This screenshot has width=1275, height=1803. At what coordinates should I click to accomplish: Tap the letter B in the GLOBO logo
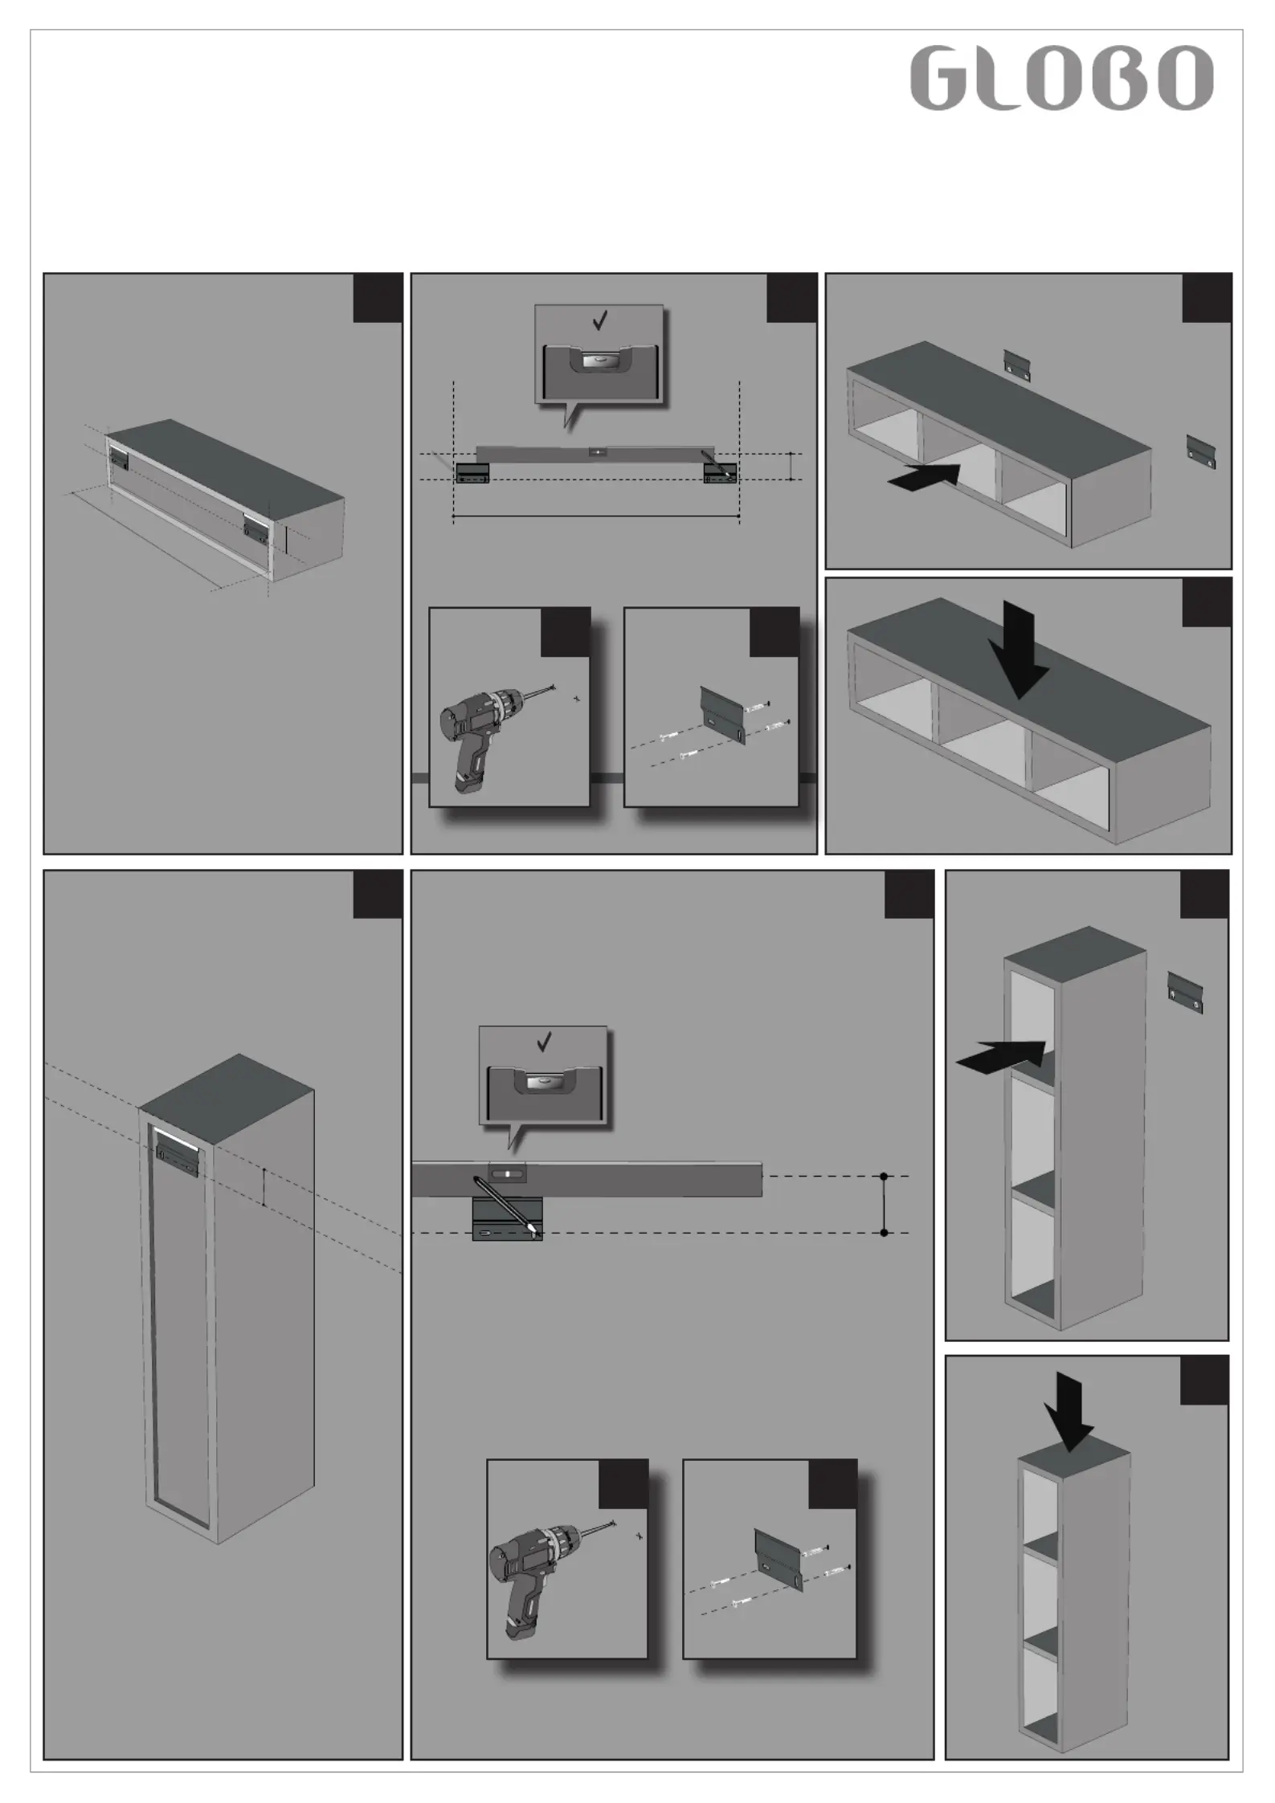(x=1122, y=78)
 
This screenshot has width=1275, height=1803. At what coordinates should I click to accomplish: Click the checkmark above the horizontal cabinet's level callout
(x=599, y=321)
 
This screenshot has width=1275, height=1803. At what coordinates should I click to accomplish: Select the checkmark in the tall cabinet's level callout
(x=544, y=1042)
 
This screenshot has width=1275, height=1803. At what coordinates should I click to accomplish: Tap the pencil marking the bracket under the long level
(x=505, y=1205)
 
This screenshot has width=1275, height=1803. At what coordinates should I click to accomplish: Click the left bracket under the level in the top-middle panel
(x=472, y=474)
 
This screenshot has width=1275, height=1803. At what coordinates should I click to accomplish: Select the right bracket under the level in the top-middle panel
(x=720, y=474)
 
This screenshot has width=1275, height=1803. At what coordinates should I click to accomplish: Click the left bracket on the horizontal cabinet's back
(x=119, y=459)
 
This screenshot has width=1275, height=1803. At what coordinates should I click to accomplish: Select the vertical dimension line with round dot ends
(x=884, y=1204)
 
